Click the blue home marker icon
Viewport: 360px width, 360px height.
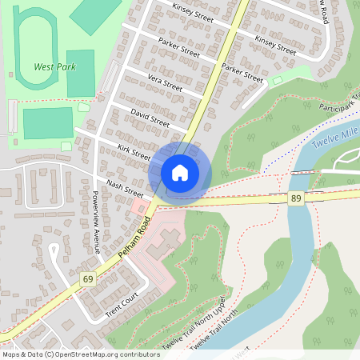tap(180, 172)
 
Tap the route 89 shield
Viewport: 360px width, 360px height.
tap(296, 198)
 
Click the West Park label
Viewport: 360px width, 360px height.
tap(55, 67)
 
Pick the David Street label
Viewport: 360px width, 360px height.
tap(150, 118)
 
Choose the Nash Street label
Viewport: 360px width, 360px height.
tap(124, 188)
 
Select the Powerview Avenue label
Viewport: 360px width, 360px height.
tap(95, 222)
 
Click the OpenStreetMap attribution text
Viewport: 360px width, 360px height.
tap(80, 354)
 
